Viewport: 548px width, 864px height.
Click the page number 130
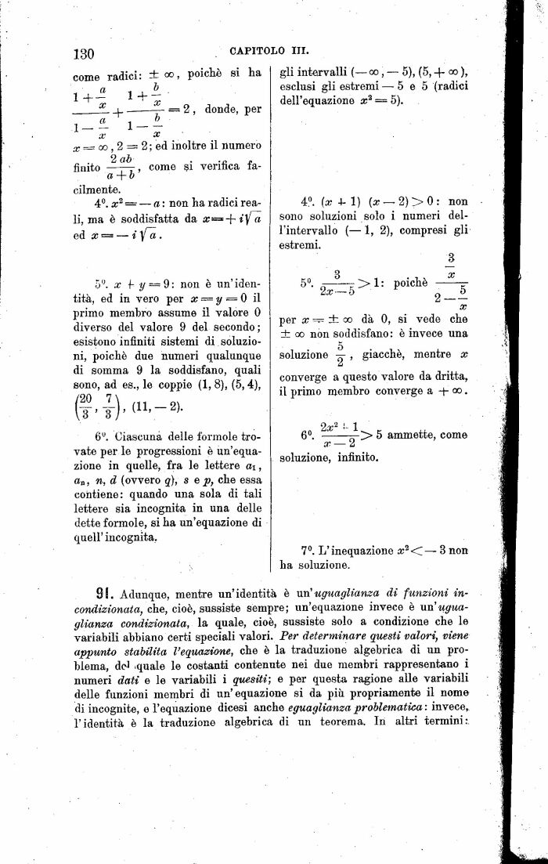(x=83, y=53)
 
